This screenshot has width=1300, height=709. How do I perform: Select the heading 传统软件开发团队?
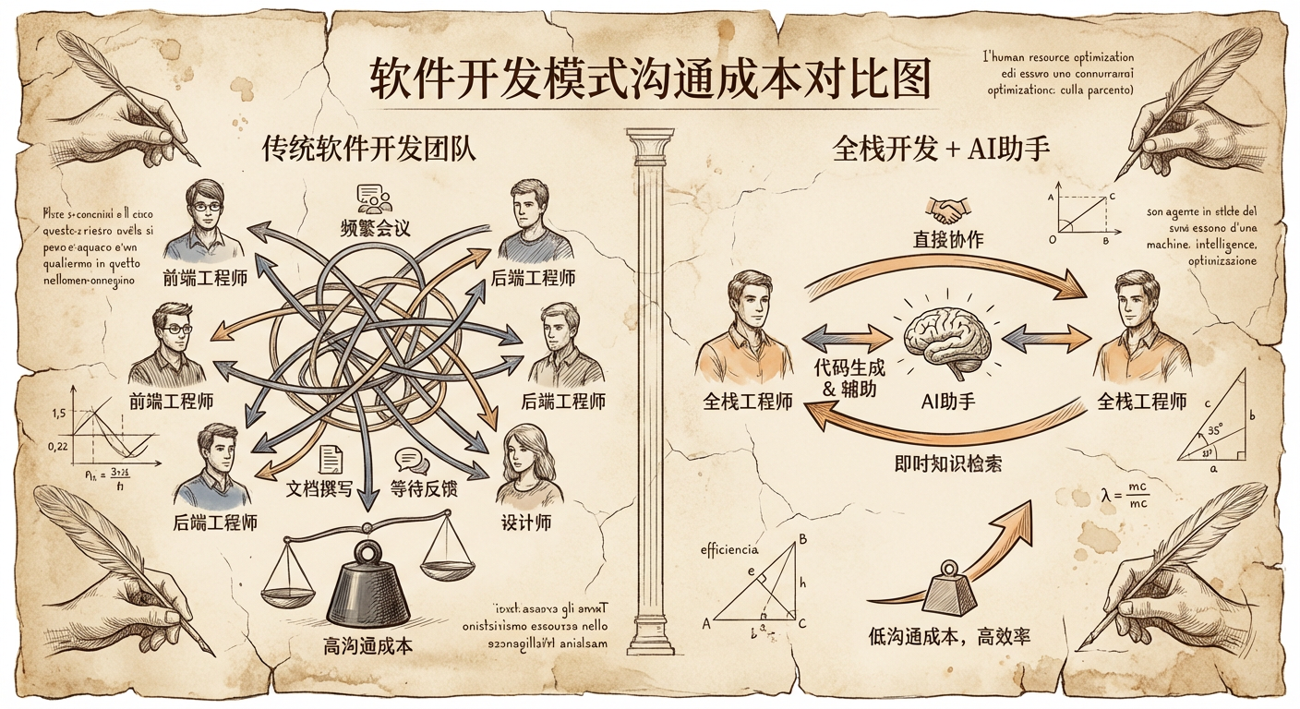click(368, 149)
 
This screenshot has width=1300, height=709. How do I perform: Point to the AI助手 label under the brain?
click(948, 401)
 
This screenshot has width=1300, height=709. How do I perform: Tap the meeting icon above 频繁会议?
click(375, 199)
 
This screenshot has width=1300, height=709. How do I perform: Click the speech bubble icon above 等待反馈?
click(409, 460)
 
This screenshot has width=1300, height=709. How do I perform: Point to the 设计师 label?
click(526, 522)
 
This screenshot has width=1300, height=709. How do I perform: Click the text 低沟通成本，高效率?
click(949, 636)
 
